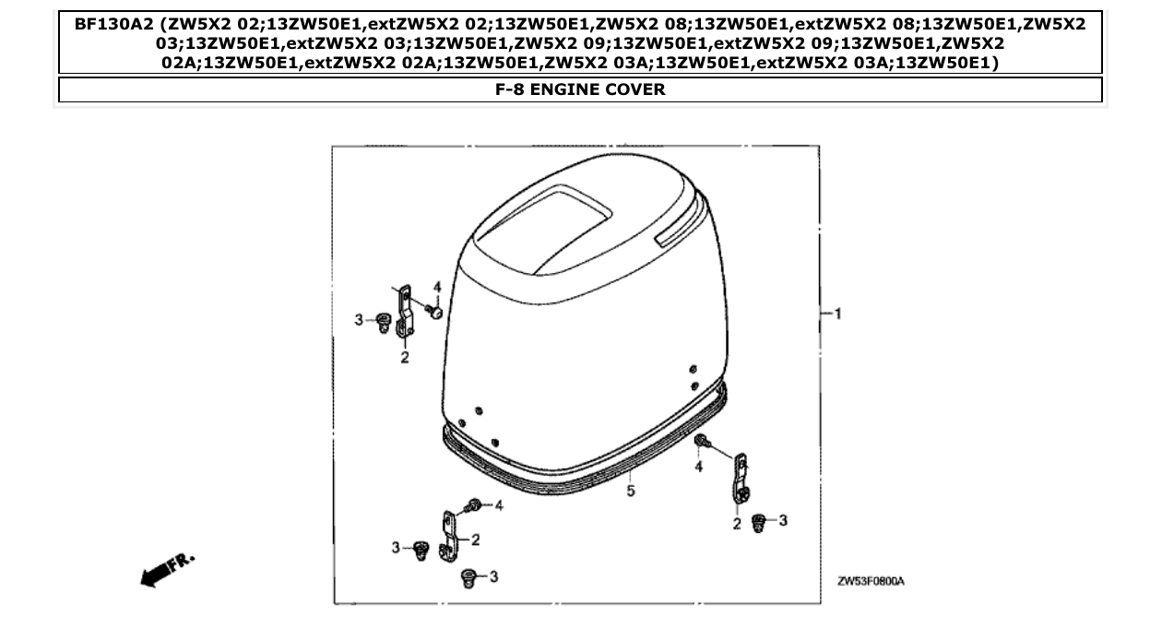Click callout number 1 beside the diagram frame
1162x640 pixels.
click(x=837, y=314)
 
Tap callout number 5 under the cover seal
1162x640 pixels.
click(x=631, y=492)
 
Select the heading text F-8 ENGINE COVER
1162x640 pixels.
click(x=580, y=89)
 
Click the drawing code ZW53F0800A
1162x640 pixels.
click(x=871, y=582)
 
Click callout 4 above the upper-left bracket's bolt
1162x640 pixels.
click(x=438, y=288)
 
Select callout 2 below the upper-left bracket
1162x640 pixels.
click(x=404, y=358)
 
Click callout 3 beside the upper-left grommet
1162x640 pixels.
click(x=359, y=319)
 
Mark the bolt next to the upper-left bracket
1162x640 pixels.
click(x=435, y=313)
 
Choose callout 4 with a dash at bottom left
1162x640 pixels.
click(x=499, y=504)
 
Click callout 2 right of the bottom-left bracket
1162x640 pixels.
click(x=475, y=539)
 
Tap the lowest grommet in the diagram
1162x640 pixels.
click(x=468, y=579)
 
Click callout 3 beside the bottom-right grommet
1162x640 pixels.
click(x=782, y=521)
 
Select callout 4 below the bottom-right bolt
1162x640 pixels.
click(x=699, y=468)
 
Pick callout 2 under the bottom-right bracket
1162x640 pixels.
click(x=737, y=525)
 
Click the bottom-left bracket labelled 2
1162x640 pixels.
click(x=449, y=535)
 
